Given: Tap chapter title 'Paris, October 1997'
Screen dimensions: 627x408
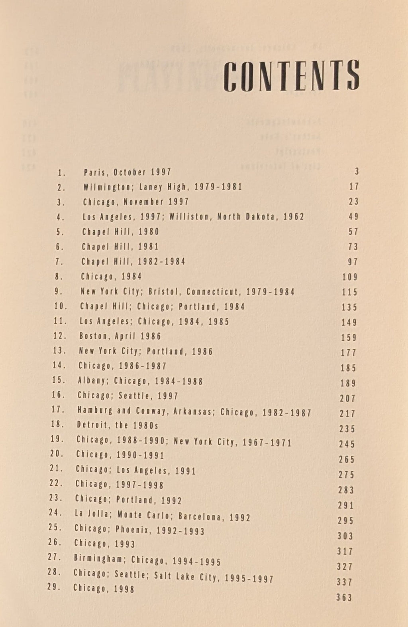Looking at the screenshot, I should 127,172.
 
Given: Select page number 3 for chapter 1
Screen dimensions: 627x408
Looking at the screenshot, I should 357,172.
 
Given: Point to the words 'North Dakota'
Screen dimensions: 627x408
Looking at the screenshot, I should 247,217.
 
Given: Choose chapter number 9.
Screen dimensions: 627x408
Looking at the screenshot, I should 59,291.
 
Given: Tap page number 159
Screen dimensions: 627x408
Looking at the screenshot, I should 349,338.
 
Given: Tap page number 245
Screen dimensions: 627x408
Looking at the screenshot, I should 347,444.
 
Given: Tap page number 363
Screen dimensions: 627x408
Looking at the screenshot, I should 344,597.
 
